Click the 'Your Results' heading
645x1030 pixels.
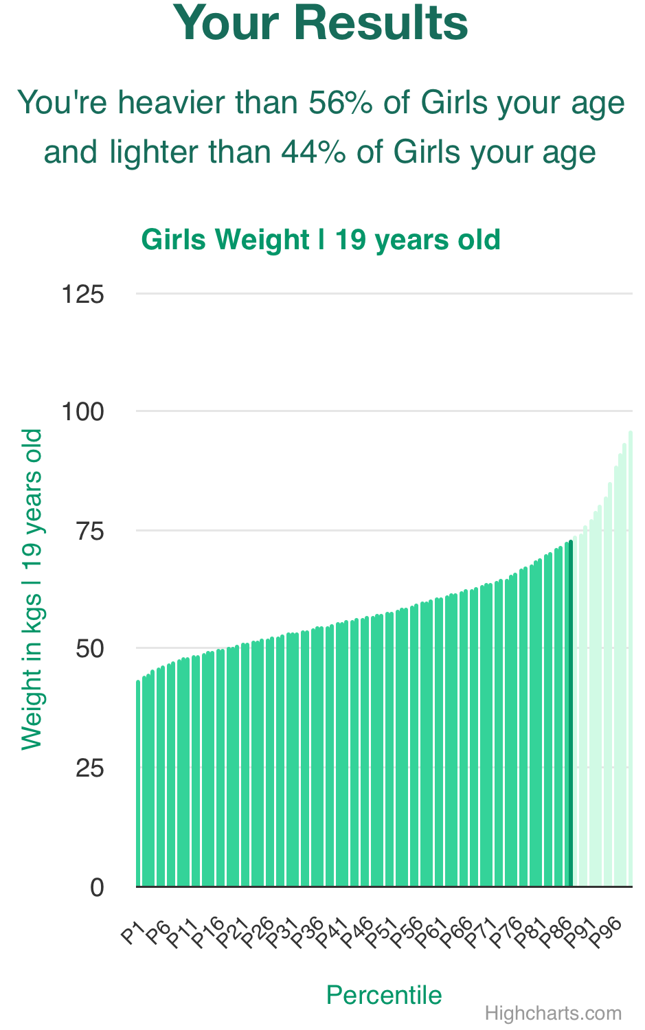[321, 23]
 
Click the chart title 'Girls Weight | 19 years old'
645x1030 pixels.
[321, 240]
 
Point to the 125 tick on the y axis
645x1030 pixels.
[83, 295]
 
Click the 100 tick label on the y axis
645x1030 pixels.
[83, 412]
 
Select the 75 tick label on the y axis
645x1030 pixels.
[89, 531]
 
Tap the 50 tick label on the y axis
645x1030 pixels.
[89, 649]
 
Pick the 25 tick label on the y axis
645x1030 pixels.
[89, 768]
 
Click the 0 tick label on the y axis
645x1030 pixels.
[97, 887]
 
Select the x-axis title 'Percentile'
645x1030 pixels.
[384, 995]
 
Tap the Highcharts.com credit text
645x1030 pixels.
[553, 1014]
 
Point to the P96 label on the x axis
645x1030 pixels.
[605, 934]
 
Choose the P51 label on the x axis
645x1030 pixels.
[381, 934]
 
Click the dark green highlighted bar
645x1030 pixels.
[570, 714]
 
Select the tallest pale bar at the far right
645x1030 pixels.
[631, 659]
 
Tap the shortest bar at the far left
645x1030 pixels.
[138, 783]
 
